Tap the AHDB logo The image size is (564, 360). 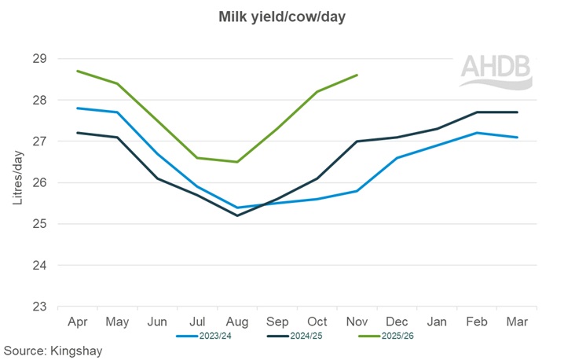click(496, 71)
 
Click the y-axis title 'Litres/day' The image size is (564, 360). click(18, 182)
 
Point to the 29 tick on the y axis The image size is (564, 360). click(40, 59)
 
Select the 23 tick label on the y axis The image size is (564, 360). click(40, 307)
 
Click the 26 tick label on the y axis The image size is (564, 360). click(40, 183)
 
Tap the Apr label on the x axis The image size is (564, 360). click(77, 321)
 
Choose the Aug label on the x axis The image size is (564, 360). click(236, 321)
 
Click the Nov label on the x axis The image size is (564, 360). click(357, 321)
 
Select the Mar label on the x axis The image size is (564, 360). click(517, 321)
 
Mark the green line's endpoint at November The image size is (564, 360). click(357, 75)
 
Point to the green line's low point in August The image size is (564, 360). click(236, 162)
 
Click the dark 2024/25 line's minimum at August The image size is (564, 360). click(236, 215)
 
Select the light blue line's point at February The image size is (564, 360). click(477, 133)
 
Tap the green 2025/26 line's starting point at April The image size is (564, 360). click(77, 71)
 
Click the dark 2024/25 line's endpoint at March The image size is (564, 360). click(517, 112)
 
